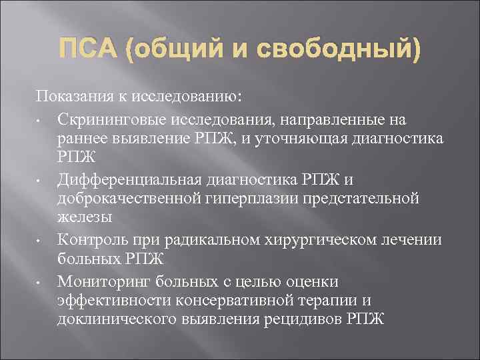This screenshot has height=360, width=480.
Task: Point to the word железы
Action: click(85, 217)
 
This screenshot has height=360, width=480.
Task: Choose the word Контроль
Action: click(90, 238)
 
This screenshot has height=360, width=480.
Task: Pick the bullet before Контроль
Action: click(41, 239)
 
